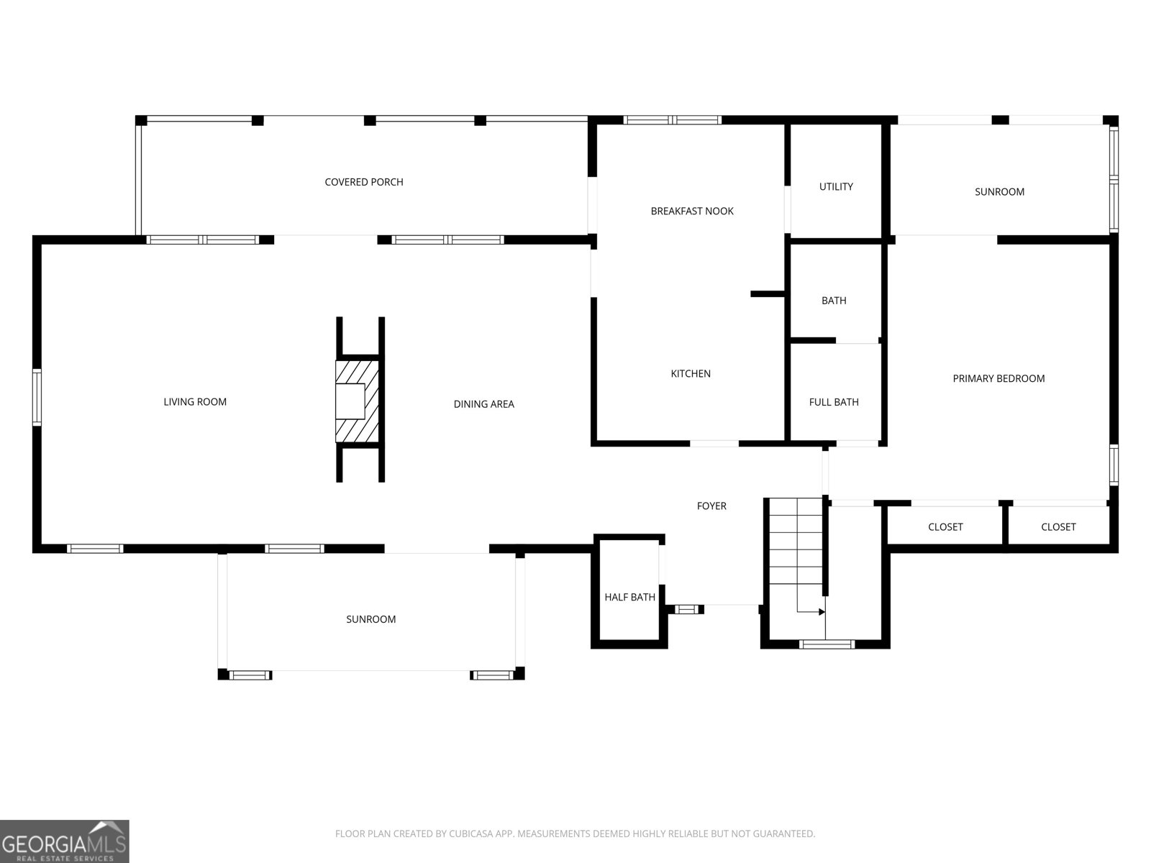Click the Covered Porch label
(x=364, y=182)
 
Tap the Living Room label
(x=195, y=402)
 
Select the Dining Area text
(x=484, y=404)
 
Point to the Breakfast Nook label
(x=692, y=211)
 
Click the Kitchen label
(x=691, y=373)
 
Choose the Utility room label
(x=836, y=186)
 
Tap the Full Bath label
(x=834, y=402)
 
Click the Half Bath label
(x=629, y=597)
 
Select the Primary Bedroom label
(x=998, y=378)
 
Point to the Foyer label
(x=711, y=506)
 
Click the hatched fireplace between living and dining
(x=357, y=401)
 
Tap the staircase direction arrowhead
(x=822, y=611)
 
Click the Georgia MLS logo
(x=64, y=841)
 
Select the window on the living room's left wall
(x=37, y=397)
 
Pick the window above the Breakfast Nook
(x=672, y=120)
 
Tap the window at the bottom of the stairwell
(x=827, y=644)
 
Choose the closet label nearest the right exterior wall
(x=1058, y=526)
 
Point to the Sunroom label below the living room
(x=370, y=619)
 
